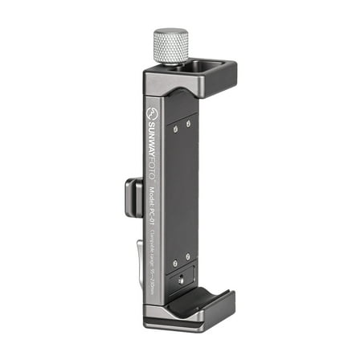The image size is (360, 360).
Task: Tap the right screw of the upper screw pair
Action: [x=189, y=123]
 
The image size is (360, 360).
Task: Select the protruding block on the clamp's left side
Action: [x=133, y=196]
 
